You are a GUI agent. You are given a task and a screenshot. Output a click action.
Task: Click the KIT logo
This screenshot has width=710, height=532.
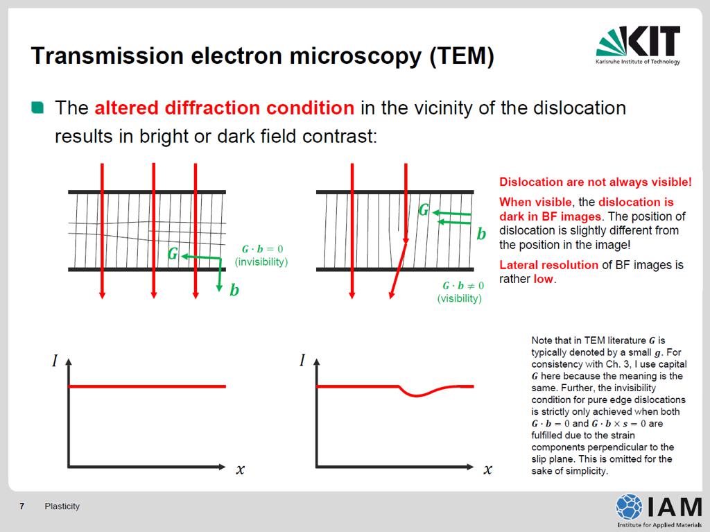[x=638, y=45]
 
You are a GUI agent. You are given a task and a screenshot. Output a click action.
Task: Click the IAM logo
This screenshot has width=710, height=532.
[x=659, y=510]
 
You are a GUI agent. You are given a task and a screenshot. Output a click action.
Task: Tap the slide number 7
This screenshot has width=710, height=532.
[x=21, y=506]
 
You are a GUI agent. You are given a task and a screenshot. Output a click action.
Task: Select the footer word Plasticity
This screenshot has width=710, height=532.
[x=62, y=506]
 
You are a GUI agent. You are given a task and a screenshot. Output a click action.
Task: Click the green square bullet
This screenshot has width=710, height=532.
[x=37, y=108]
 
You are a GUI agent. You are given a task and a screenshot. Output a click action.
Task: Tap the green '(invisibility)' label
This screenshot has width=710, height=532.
[x=261, y=262]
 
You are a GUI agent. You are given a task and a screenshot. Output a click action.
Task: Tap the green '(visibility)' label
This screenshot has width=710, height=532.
[x=459, y=299]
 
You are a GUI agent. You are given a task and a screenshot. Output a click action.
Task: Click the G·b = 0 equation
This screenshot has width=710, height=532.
[x=262, y=249]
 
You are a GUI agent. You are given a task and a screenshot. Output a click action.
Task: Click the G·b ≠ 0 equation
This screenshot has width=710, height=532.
[x=463, y=286]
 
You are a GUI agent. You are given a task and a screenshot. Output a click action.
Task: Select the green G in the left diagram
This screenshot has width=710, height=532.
[x=173, y=253]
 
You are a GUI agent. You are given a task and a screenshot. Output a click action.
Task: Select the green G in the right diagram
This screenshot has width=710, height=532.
[x=424, y=209]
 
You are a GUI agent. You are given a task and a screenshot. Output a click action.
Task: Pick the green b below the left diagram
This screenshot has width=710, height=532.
[x=234, y=289]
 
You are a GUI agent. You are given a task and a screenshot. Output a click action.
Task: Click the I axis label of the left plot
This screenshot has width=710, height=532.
[x=55, y=361]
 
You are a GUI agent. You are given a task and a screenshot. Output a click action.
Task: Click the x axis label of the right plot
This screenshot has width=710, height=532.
[x=487, y=470]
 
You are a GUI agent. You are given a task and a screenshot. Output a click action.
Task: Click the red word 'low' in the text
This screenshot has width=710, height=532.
[x=544, y=279]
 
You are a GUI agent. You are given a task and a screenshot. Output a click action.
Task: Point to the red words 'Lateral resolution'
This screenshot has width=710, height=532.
[x=549, y=265]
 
